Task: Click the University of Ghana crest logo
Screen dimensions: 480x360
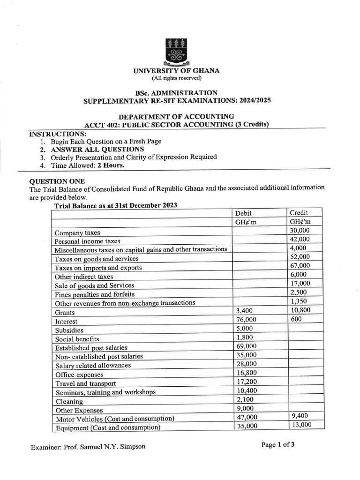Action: pos(176,52)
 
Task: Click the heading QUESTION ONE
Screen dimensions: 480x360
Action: pos(57,181)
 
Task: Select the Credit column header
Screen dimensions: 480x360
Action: pos(299,213)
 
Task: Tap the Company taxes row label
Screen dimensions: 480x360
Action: pos(77,232)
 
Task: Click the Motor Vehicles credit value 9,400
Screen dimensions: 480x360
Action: pos(300,416)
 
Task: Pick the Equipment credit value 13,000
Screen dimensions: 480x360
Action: pos(301,425)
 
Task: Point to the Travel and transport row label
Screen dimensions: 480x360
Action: pos(86,383)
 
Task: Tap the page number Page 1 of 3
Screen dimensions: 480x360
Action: pos(278,445)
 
